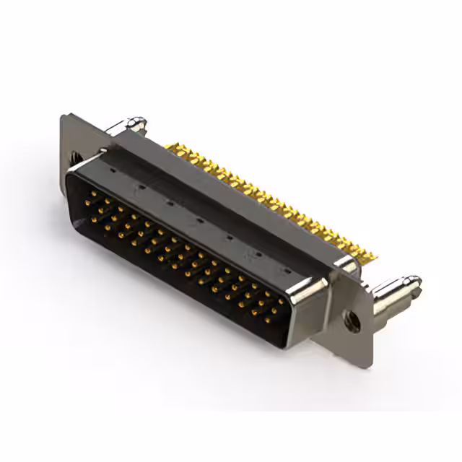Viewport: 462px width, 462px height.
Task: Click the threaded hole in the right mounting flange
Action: (352, 318)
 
